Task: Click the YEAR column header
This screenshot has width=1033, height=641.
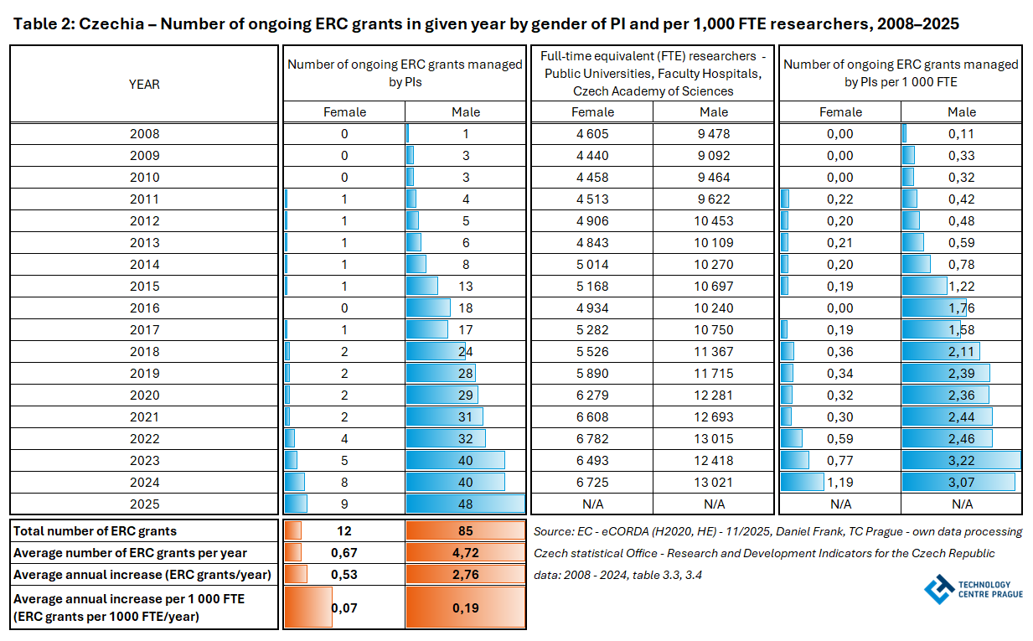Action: tap(144, 84)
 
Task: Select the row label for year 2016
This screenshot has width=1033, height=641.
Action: tap(144, 308)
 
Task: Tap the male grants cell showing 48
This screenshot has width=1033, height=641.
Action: tap(466, 504)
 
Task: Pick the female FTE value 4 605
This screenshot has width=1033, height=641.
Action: tap(591, 133)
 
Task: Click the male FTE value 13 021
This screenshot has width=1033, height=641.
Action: tap(713, 482)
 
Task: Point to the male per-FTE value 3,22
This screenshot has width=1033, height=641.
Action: tap(961, 460)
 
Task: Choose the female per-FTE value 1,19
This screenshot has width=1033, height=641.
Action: tap(840, 482)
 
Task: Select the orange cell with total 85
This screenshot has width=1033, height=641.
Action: tap(466, 530)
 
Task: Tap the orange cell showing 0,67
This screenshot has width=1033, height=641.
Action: tap(344, 552)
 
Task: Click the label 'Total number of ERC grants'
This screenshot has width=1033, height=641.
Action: tap(96, 530)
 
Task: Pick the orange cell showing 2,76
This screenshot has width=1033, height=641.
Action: tap(466, 574)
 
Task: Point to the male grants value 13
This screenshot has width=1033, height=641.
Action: tap(466, 286)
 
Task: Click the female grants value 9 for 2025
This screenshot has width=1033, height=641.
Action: tap(344, 504)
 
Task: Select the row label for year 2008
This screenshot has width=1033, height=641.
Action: tap(144, 133)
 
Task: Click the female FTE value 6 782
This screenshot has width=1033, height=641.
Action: tap(591, 438)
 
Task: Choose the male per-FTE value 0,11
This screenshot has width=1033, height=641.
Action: tap(961, 133)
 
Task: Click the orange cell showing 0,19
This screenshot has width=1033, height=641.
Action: tap(466, 607)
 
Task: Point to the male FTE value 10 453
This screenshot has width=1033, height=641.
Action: tap(713, 220)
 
